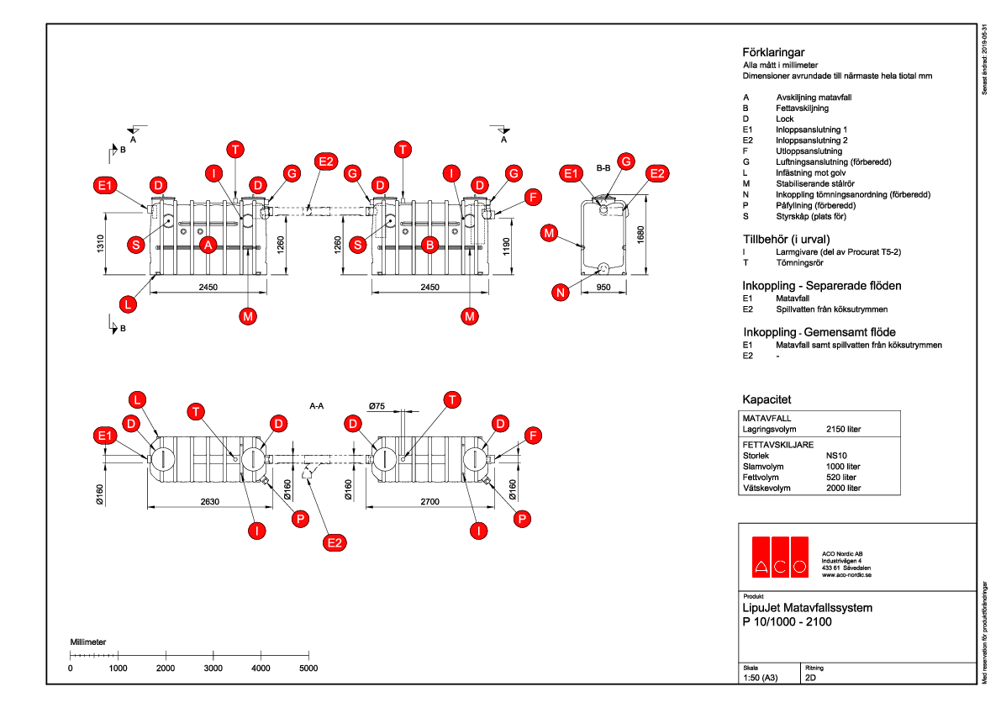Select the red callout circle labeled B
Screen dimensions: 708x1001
(x=429, y=245)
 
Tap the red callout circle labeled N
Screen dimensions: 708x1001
(x=561, y=292)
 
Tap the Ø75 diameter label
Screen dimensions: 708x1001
(x=377, y=407)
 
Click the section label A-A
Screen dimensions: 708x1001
(x=317, y=406)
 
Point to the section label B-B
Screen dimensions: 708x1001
(x=603, y=168)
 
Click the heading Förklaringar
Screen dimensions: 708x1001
(x=773, y=52)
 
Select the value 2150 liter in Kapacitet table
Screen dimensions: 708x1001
(x=844, y=429)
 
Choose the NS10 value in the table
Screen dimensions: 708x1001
(x=836, y=455)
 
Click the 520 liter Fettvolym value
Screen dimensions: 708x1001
(x=841, y=477)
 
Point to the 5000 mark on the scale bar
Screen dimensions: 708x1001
(x=308, y=668)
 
